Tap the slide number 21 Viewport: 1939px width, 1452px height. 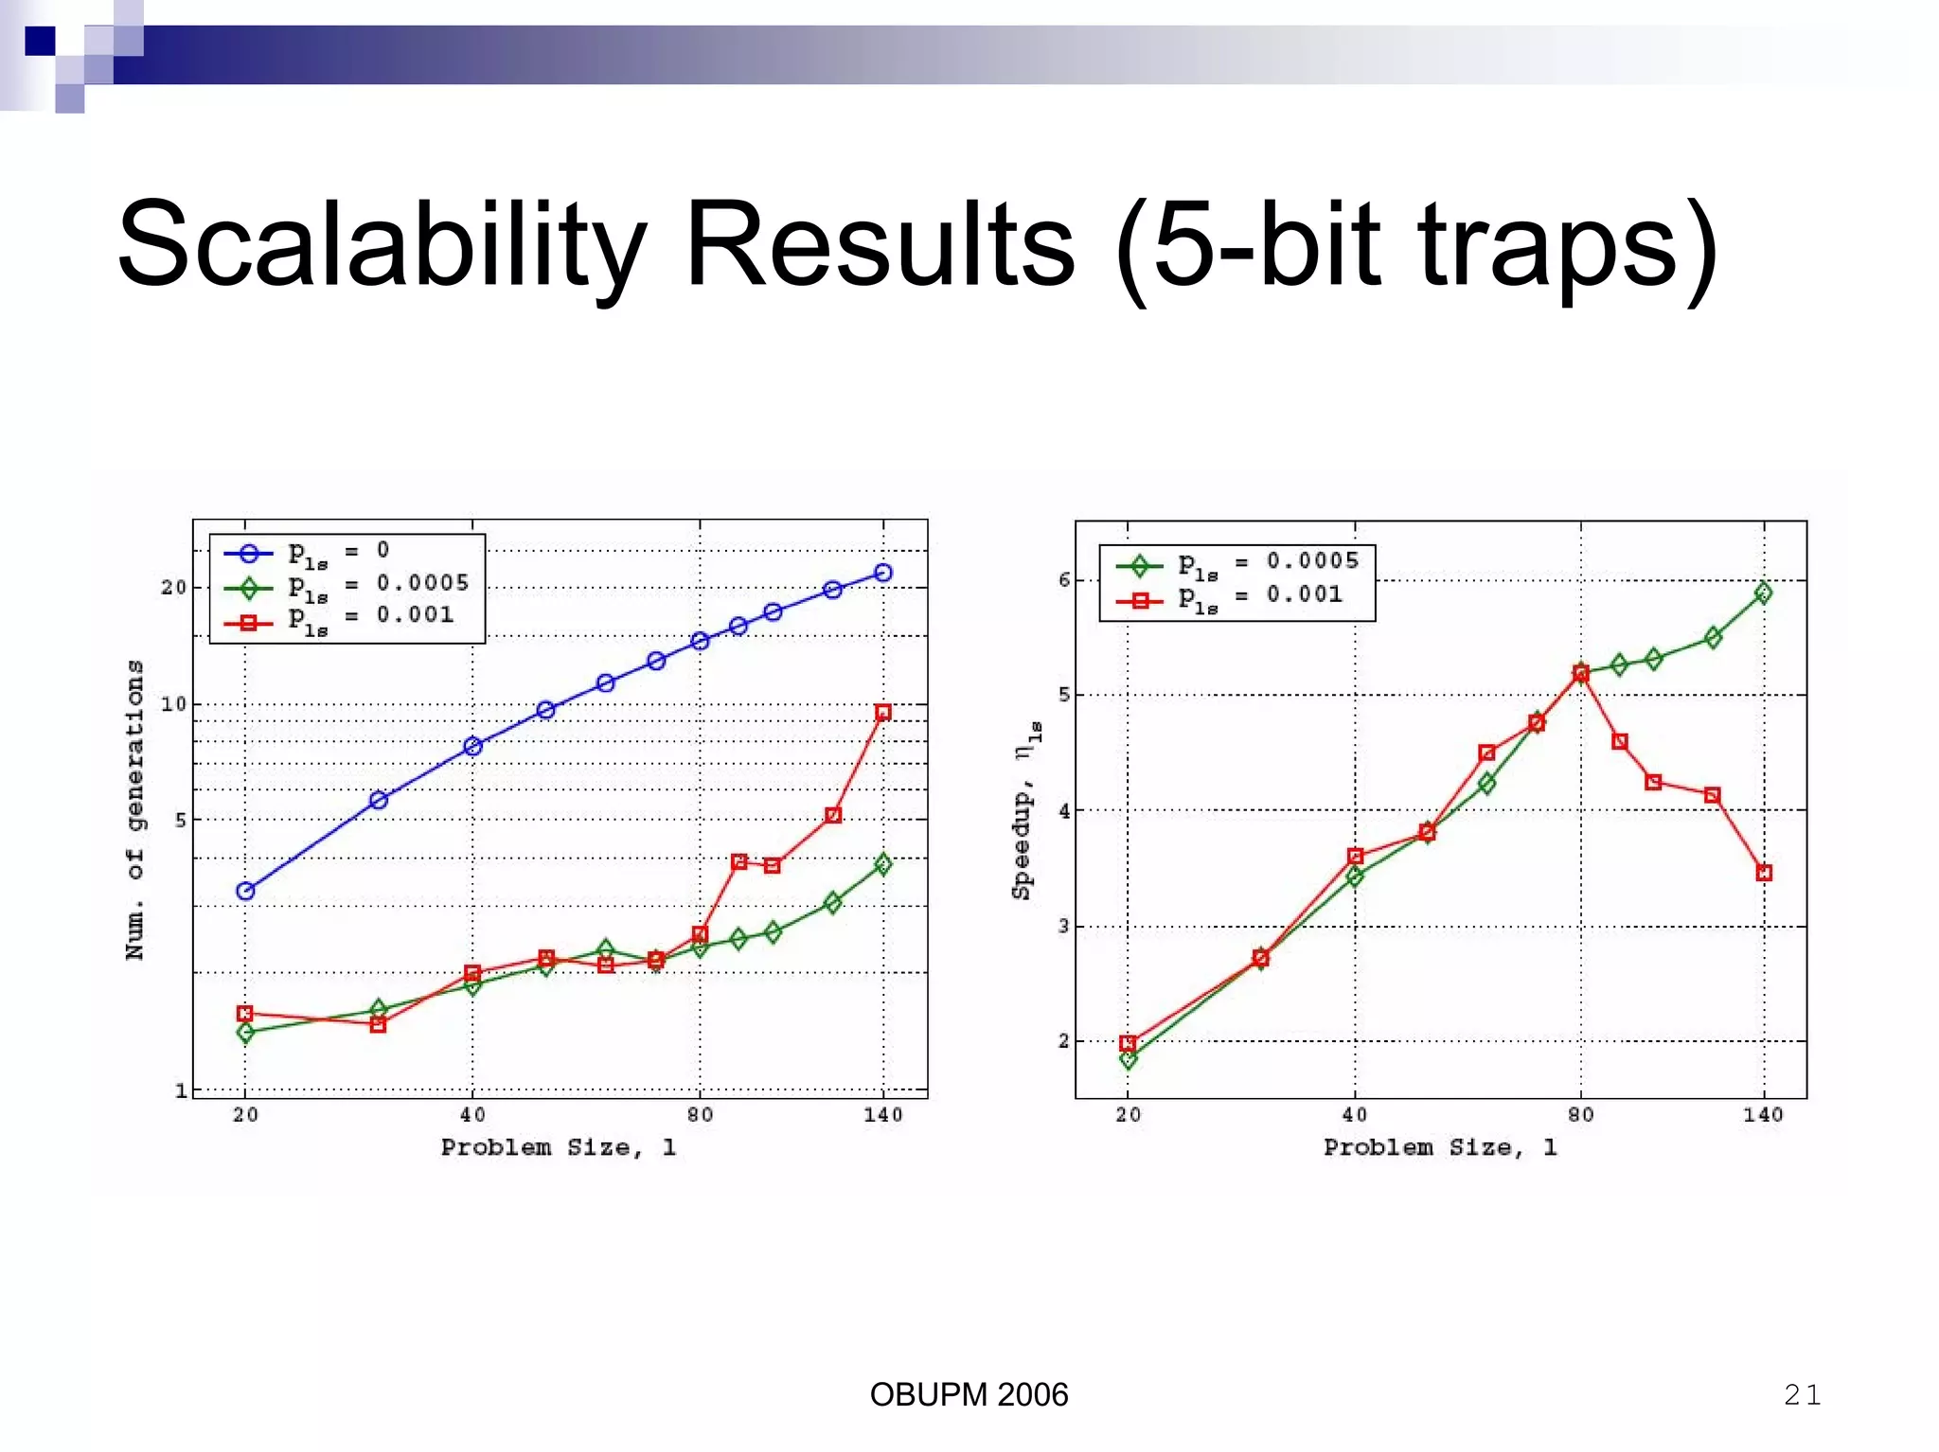pos(1802,1394)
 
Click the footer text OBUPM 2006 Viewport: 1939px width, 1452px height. pos(969,1394)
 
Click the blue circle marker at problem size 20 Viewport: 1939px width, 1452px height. pos(245,891)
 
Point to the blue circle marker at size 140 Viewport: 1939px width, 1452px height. pos(882,573)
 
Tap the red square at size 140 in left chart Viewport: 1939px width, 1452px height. pos(882,713)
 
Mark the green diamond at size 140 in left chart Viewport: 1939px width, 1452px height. pos(882,863)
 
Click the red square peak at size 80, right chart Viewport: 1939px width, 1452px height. pos(1580,673)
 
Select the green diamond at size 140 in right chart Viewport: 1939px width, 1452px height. pos(1763,593)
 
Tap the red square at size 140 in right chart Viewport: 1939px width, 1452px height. pos(1763,873)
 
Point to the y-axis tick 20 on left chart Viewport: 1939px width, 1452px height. pos(173,588)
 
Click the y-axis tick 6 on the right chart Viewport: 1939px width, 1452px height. pos(1064,579)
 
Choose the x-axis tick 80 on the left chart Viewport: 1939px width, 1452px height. pos(700,1115)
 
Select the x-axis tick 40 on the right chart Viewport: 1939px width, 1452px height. pos(1354,1115)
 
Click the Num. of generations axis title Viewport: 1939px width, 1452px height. pos(135,809)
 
